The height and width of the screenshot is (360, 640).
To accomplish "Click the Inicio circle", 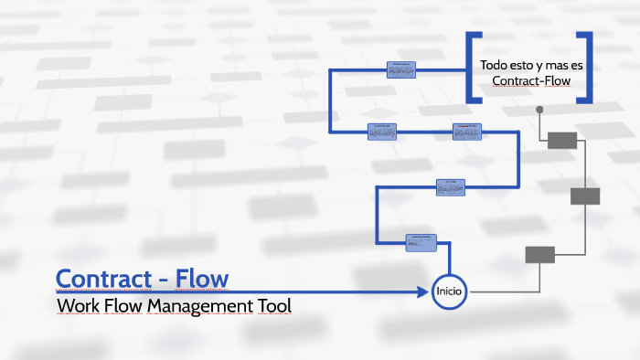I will (x=450, y=291).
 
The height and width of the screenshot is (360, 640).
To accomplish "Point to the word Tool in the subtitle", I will (x=272, y=305).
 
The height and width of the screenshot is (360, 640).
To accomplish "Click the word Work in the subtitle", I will (x=77, y=305).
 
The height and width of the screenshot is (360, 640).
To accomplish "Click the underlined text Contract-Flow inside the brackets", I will (x=530, y=81).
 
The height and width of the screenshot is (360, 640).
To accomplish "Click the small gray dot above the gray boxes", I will (x=539, y=110).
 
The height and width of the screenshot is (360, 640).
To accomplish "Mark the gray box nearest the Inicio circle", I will (x=539, y=255).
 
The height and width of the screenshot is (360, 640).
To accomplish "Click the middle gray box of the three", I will (x=585, y=196).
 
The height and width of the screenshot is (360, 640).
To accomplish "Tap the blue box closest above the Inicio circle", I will (x=421, y=242).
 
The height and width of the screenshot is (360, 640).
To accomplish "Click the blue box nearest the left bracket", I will (x=401, y=69).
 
